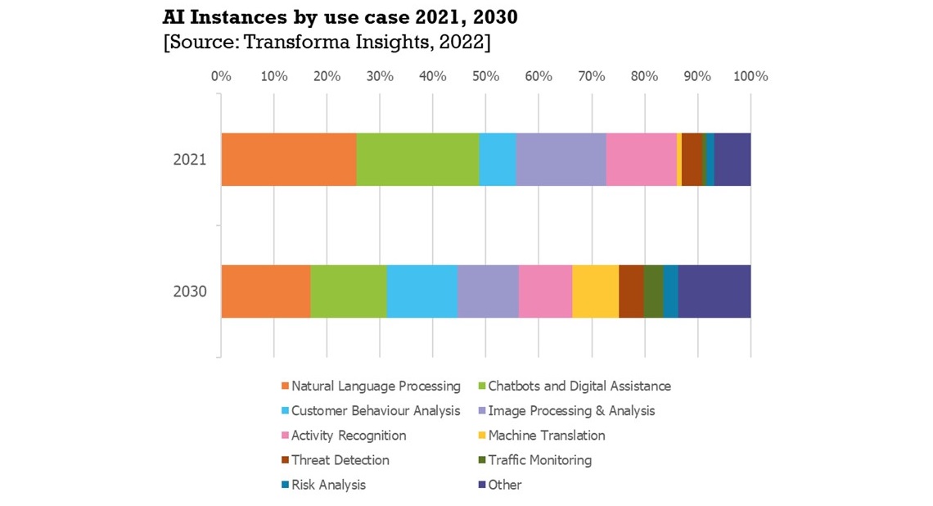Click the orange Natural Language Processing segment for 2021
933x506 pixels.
pos(289,159)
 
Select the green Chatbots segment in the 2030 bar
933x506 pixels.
pos(348,291)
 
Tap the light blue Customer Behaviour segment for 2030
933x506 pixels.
pos(421,291)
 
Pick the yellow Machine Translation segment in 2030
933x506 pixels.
pos(595,291)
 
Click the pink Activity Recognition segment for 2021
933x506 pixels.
pos(641,159)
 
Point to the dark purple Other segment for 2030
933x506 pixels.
pos(714,291)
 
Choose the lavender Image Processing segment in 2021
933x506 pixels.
pos(561,159)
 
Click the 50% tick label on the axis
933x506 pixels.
pos(485,76)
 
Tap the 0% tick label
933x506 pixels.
pos(221,76)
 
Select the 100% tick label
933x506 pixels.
pos(750,76)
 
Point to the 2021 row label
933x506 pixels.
pos(189,159)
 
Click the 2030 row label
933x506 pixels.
pos(189,291)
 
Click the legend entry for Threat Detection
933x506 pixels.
pos(340,460)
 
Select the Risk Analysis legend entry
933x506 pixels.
pos(328,485)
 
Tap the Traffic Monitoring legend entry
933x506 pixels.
pos(539,460)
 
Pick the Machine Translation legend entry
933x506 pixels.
pos(546,436)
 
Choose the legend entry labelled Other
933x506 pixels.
pos(504,485)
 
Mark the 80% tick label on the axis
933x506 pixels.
pos(644,76)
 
